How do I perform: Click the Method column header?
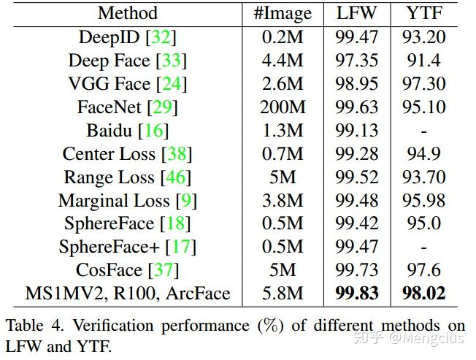(127, 13)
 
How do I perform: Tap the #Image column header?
(283, 13)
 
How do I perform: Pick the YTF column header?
(423, 13)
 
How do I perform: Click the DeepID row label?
(110, 37)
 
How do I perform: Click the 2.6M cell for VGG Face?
(283, 84)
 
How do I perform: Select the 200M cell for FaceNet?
(283, 107)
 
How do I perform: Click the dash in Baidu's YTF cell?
(423, 131)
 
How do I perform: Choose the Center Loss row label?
(109, 154)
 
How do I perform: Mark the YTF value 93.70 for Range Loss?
(423, 177)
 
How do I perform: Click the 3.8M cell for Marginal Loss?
(283, 201)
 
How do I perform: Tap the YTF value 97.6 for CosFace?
(423, 271)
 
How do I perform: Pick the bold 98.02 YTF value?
(423, 294)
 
